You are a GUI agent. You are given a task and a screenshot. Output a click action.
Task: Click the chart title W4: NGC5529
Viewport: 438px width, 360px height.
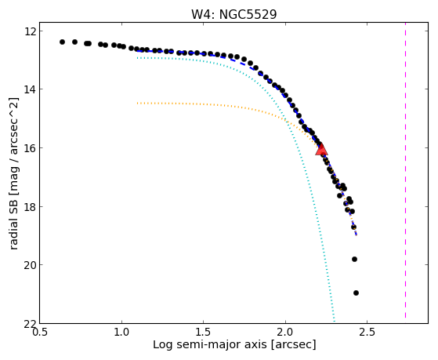click(x=233, y=15)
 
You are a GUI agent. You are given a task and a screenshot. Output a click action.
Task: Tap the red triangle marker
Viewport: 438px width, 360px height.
click(x=321, y=150)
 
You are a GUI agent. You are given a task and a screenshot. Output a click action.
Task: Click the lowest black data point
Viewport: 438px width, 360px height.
click(x=356, y=293)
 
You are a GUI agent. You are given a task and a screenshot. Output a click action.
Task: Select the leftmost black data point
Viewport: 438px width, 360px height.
click(x=62, y=42)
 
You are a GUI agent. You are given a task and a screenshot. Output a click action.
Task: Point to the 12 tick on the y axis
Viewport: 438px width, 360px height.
click(x=29, y=31)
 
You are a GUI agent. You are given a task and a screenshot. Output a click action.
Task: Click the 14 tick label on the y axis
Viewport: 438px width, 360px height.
click(x=29, y=89)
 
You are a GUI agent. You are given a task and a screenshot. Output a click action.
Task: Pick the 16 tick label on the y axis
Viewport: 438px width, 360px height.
click(x=29, y=148)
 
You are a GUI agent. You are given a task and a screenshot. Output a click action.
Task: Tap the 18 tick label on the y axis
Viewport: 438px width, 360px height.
click(x=29, y=206)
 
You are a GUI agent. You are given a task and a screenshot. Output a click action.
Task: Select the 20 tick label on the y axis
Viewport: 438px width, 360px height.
click(x=29, y=265)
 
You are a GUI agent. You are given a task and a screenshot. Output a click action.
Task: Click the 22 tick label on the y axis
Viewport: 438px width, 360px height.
click(x=29, y=323)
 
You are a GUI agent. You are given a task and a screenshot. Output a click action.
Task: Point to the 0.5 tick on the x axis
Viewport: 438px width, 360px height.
click(x=40, y=333)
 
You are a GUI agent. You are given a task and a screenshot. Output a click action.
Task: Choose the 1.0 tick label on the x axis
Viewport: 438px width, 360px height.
click(x=121, y=333)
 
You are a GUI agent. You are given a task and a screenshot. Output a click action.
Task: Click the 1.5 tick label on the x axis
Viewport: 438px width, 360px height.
click(x=204, y=333)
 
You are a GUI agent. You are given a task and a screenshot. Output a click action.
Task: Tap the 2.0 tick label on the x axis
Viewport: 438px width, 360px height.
click(x=285, y=333)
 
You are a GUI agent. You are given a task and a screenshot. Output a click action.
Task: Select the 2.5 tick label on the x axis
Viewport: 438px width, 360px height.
click(x=367, y=333)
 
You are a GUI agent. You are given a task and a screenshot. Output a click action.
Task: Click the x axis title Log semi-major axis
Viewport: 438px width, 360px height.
click(x=210, y=344)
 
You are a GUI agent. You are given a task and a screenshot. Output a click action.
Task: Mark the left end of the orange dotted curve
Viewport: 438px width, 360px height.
click(x=137, y=104)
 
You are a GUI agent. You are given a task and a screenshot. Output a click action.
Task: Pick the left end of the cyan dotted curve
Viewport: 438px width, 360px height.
click(x=137, y=58)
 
